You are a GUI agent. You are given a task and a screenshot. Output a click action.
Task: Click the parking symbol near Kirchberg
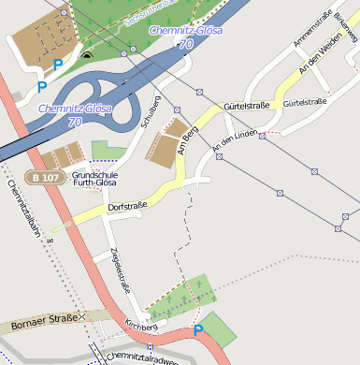click(197, 330)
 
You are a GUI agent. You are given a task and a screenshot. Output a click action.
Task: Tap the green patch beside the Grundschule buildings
click(108, 151)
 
